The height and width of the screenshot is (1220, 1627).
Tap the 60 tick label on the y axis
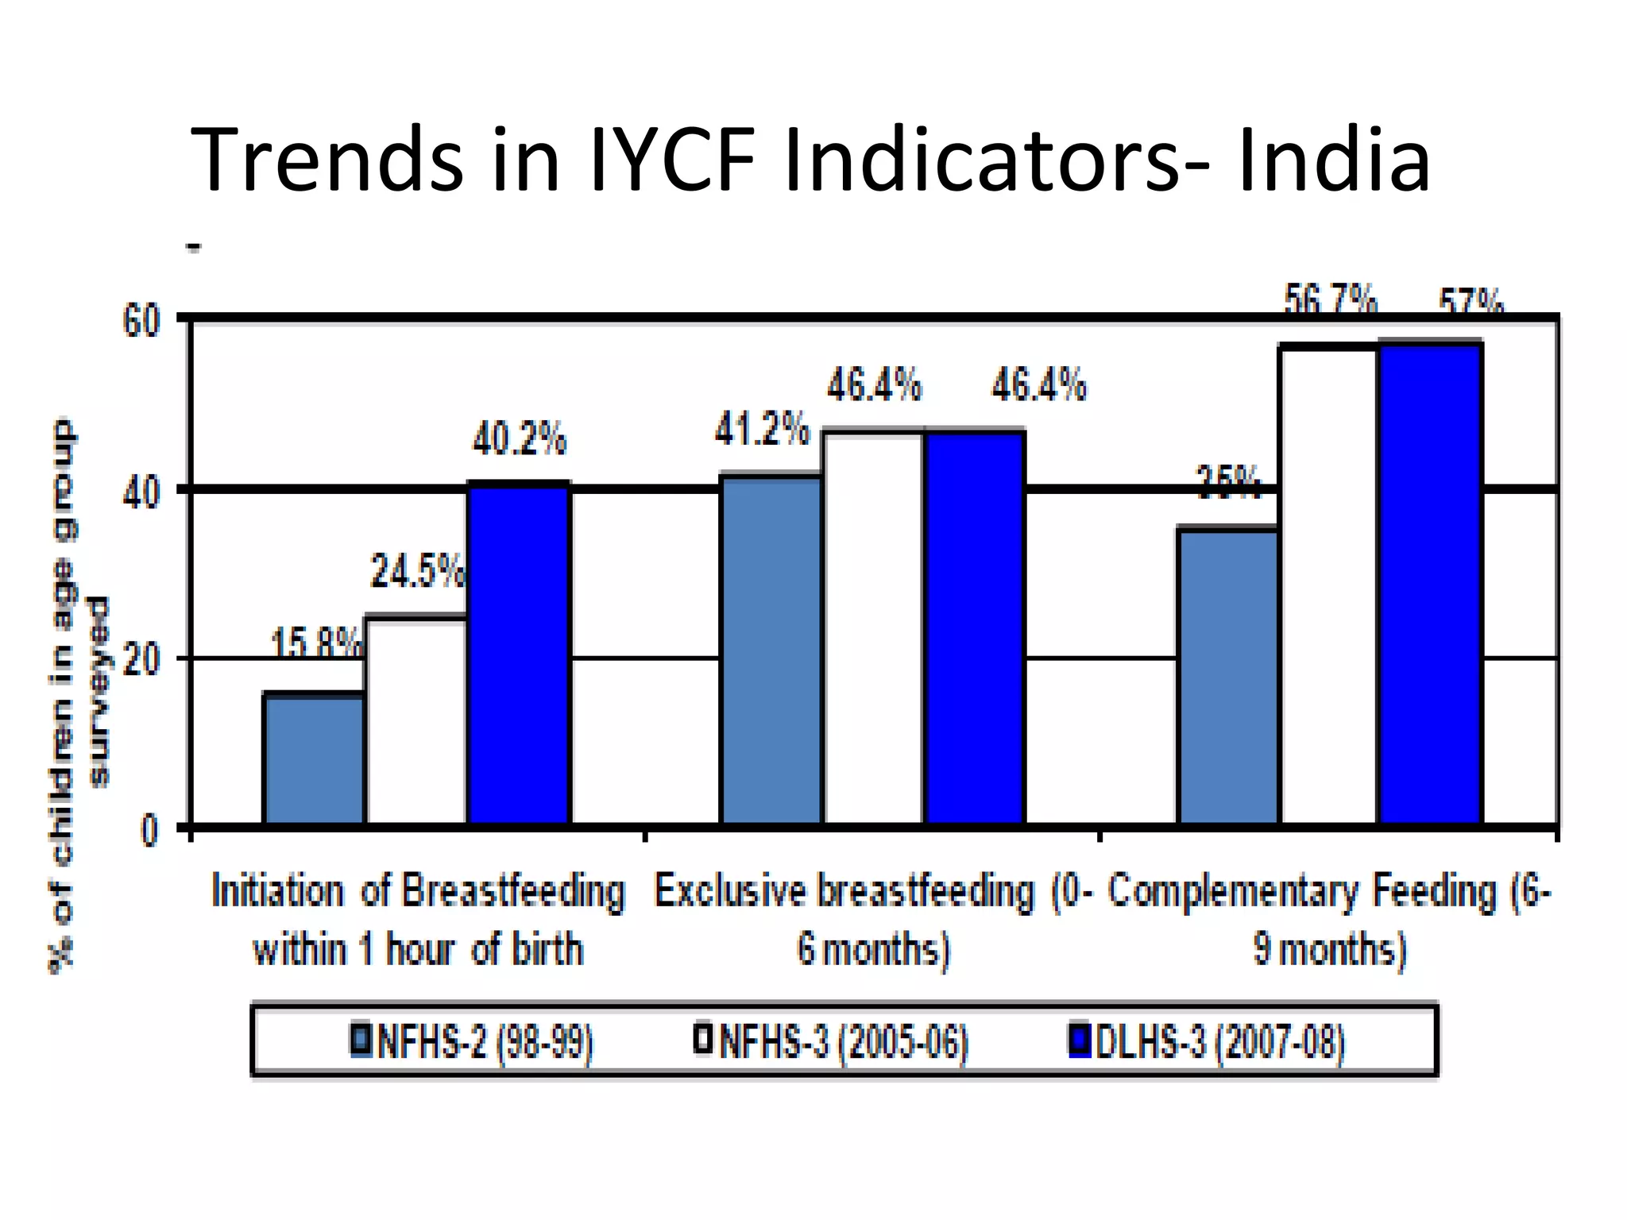pyautogui.click(x=141, y=322)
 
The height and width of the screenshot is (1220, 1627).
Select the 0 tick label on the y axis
pyautogui.click(x=149, y=831)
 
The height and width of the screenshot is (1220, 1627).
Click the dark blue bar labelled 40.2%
pyautogui.click(x=518, y=655)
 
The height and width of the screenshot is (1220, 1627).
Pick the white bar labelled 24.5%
pyautogui.click(x=415, y=721)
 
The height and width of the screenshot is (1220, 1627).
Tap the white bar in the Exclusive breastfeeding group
pyautogui.click(x=873, y=627)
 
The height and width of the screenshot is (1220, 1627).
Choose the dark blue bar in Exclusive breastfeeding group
pyautogui.click(x=975, y=627)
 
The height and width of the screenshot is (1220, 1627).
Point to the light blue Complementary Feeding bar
pyautogui.click(x=1228, y=676)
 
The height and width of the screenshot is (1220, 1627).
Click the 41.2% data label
pyautogui.click(x=762, y=430)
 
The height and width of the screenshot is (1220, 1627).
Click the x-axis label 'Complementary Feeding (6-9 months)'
pyautogui.click(x=1329, y=920)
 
